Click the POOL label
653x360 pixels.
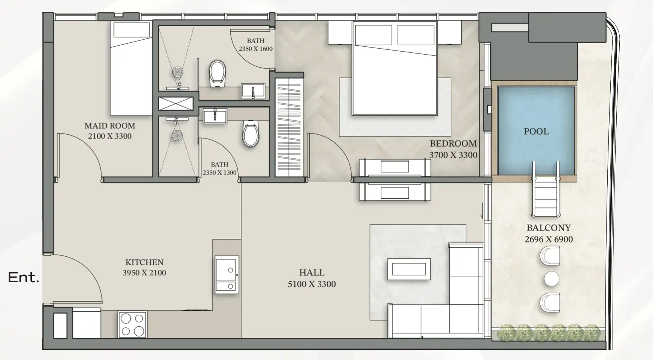coord(536,131)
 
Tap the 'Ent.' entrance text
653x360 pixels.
coord(24,278)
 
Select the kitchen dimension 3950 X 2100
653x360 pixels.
coord(145,273)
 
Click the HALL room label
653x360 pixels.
coord(312,272)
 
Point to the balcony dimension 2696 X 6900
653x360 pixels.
coord(549,240)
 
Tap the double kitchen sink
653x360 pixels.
coord(227,274)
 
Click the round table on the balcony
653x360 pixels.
coord(552,279)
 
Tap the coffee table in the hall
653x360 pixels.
coord(409,269)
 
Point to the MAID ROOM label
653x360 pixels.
coord(110,126)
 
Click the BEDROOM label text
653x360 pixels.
coord(453,143)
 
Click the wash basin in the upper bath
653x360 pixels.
coord(253,91)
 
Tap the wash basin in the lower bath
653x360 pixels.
coord(215,116)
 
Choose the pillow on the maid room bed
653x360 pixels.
coord(131,30)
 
